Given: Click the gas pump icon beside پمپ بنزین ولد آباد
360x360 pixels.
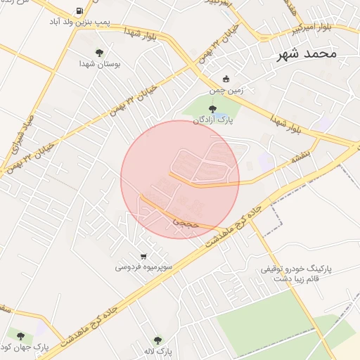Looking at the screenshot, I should click(78, 12).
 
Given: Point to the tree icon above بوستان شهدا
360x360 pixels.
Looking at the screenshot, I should click(99, 52).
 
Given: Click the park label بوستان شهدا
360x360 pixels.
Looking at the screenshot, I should click(99, 63).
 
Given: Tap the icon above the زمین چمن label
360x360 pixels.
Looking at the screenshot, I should click(226, 79).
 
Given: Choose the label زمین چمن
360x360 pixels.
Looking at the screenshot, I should click(225, 90).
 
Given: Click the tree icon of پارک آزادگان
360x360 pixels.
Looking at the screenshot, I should click(213, 108).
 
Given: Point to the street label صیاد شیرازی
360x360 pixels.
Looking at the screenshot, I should click(27, 134).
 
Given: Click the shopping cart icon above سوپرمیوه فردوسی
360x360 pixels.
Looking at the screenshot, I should click(143, 256).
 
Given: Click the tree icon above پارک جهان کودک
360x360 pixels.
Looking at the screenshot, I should click(20, 337).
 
